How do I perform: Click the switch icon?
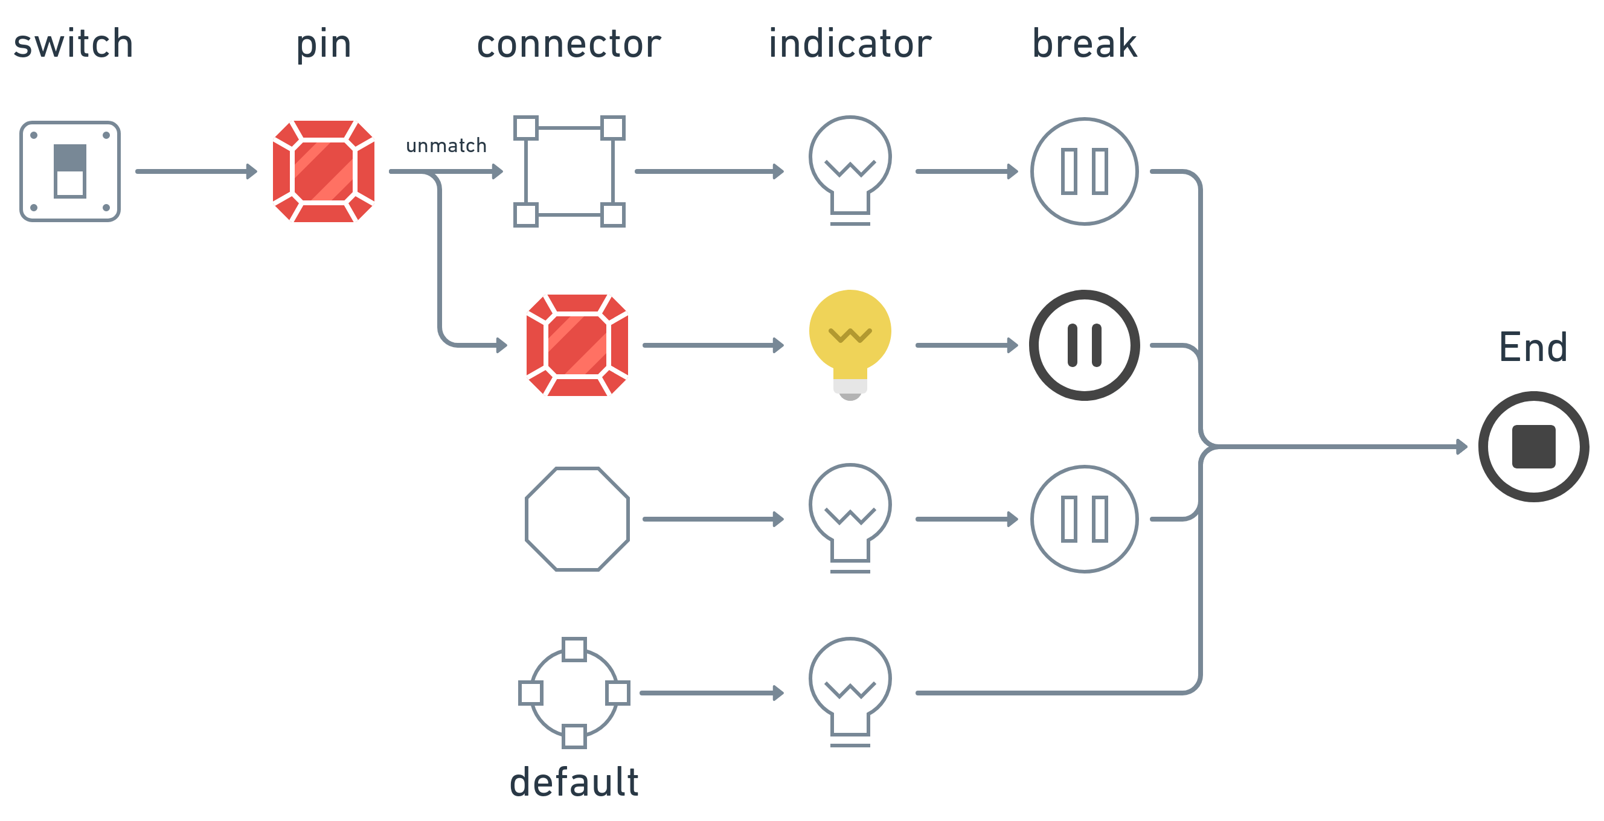coord(69,171)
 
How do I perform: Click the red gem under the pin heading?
coord(324,171)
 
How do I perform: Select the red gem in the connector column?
coord(577,345)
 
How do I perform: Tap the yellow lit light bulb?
coord(850,343)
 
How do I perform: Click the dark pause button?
coord(1084,345)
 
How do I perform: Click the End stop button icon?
coord(1533,446)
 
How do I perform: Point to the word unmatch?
coord(446,145)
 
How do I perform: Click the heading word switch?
coord(74,45)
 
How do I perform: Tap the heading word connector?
coord(568,45)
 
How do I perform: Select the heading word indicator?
coord(850,45)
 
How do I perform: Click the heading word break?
coord(1084,45)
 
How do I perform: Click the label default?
coord(574,782)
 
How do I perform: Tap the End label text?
coord(1533,347)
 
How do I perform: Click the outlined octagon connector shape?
coord(577,519)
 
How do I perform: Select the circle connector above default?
coord(574,693)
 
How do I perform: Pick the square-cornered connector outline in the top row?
coord(569,171)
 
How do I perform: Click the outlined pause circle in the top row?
coord(1084,171)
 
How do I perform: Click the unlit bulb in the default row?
coord(850,691)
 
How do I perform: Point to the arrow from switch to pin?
coord(196,171)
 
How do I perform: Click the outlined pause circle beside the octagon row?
coord(1084,519)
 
